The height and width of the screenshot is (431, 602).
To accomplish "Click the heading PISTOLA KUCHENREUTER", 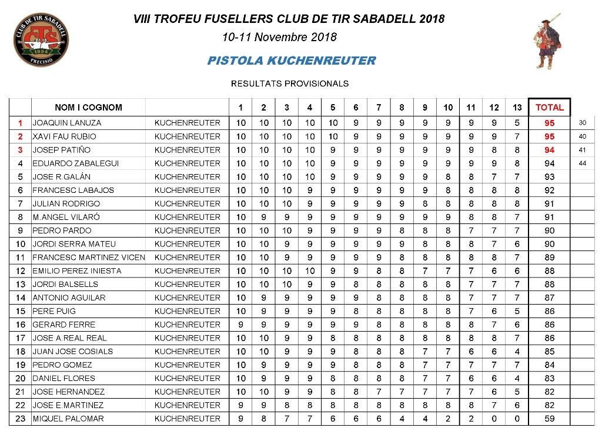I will pyautogui.click(x=291, y=61).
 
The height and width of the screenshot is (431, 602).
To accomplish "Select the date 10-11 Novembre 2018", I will pyautogui.click(x=279, y=37).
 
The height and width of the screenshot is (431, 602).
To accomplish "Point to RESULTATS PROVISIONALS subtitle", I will pyautogui.click(x=290, y=83).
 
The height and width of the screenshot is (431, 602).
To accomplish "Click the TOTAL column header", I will pyautogui.click(x=549, y=107).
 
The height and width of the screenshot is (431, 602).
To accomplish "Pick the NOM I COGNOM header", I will pyautogui.click(x=88, y=107).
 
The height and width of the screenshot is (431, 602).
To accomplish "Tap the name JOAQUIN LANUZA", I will pyautogui.click(x=66, y=123).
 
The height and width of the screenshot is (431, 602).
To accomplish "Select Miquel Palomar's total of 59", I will pyautogui.click(x=549, y=419).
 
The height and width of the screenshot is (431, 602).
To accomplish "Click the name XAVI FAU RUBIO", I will pyautogui.click(x=64, y=136).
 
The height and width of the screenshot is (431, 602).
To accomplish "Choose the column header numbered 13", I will pyautogui.click(x=517, y=107).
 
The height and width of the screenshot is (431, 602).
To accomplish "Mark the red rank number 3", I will pyautogui.click(x=20, y=150).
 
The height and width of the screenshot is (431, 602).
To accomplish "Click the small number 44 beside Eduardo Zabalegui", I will pyautogui.click(x=583, y=163).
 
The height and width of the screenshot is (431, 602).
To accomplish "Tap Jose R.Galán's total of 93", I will pyautogui.click(x=549, y=177).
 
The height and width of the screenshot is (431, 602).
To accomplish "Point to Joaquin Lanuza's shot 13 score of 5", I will pyautogui.click(x=517, y=123).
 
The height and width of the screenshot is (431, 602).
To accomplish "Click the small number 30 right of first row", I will pyautogui.click(x=583, y=123).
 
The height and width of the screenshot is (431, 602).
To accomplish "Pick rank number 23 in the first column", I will pyautogui.click(x=20, y=419).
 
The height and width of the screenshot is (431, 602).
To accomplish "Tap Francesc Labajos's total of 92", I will pyautogui.click(x=549, y=190).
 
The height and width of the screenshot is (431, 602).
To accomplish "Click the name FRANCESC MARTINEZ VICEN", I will pyautogui.click(x=88, y=258).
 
